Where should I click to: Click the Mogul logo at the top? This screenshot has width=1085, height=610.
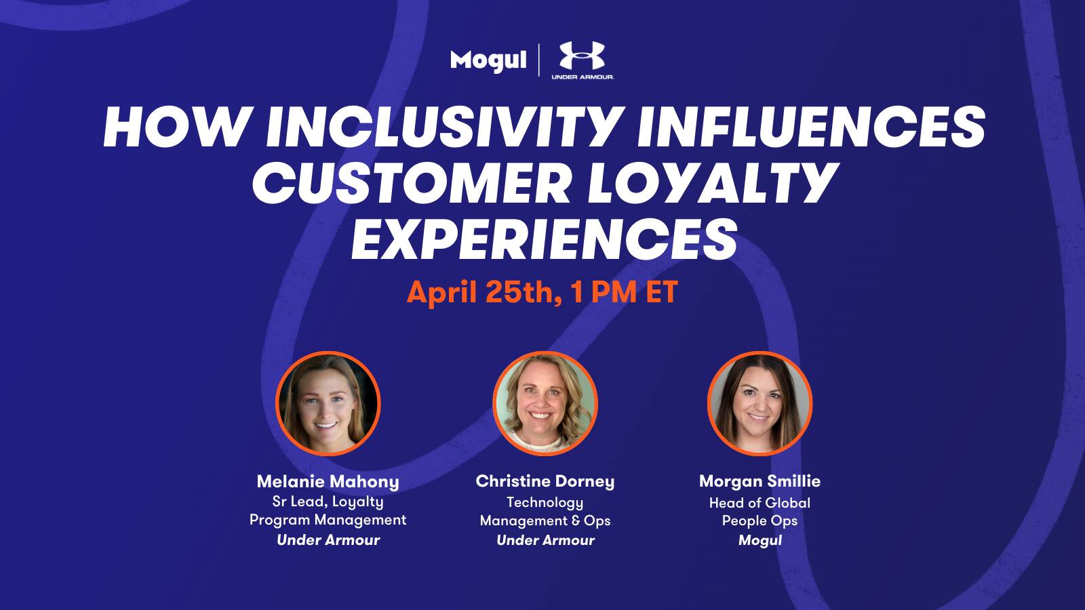point(488,61)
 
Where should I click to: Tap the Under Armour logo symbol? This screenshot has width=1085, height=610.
point(583,56)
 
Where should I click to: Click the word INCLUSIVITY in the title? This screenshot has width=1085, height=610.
point(445,127)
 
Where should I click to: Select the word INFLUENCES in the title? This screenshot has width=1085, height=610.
point(811,127)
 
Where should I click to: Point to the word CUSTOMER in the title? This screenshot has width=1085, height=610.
point(412,184)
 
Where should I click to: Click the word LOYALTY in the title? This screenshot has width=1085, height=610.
point(712,184)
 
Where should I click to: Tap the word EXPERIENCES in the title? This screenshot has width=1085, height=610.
point(545,240)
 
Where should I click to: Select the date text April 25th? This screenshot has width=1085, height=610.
point(485,292)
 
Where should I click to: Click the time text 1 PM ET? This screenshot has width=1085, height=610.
point(624,292)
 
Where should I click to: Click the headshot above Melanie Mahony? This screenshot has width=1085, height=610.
point(328,404)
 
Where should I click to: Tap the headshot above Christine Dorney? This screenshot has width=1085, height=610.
point(545,404)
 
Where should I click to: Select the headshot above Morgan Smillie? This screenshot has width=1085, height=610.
point(759,404)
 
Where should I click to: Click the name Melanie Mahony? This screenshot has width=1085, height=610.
point(328,482)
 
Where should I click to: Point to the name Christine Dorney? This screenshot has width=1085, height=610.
point(545,482)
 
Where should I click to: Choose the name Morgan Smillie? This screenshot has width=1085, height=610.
point(759,482)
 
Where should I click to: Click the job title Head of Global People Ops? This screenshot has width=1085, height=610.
point(759,512)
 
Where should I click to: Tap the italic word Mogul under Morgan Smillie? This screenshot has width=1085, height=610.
point(760,541)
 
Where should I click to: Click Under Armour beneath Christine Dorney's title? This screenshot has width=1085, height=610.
point(545,540)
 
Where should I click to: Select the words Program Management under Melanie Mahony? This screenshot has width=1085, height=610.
point(328,521)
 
